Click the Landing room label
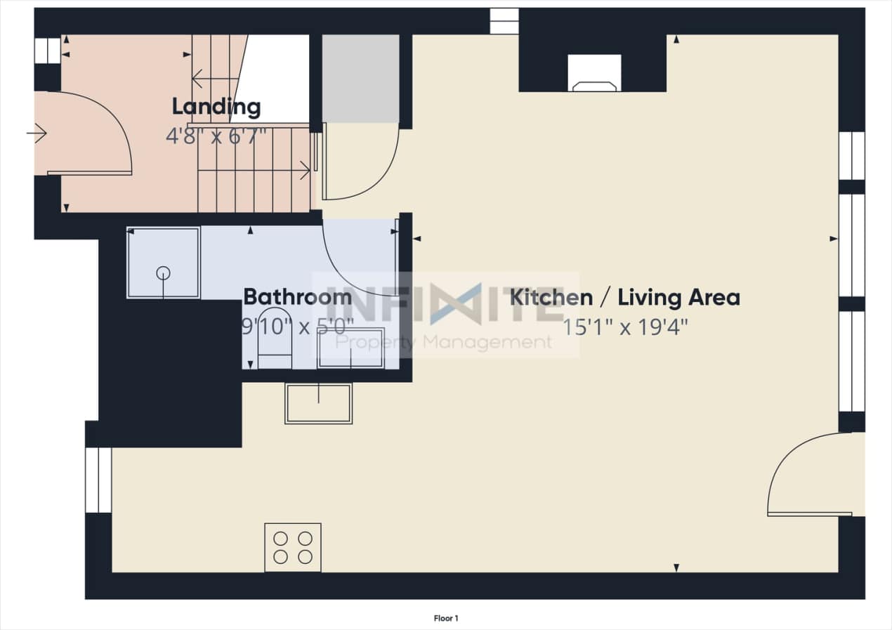coord(216,107)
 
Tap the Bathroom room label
coord(297,296)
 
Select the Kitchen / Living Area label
coord(624,297)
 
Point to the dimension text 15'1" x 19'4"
coord(624,327)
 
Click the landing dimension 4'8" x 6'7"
coord(216,136)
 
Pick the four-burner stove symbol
coord(293,547)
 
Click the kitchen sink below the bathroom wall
coord(318,403)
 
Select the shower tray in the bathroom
coord(163,263)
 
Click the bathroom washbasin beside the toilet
coord(350,348)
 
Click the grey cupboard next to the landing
coord(360,79)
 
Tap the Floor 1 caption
coord(446,619)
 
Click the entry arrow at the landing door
coord(37,132)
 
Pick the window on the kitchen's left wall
coord(98,480)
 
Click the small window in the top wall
coord(504,21)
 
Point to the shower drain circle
coord(163,273)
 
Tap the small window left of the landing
coord(47,51)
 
